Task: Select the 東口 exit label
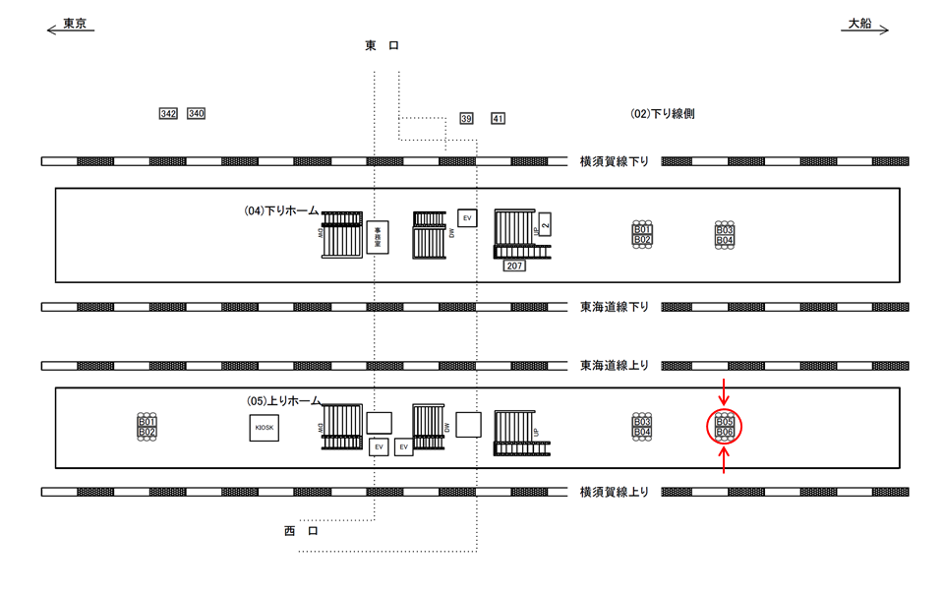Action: [x=382, y=46]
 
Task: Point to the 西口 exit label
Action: [x=301, y=531]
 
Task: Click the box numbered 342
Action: [x=168, y=114]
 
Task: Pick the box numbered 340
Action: [x=196, y=114]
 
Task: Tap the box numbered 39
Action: [x=466, y=119]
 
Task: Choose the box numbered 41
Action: [x=498, y=119]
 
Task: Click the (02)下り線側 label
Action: [x=663, y=114]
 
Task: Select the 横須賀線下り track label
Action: [x=615, y=161]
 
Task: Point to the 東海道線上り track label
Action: [x=615, y=366]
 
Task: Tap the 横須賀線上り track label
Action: [x=615, y=492]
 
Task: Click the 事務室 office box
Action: [x=378, y=237]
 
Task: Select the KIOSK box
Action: [x=264, y=428]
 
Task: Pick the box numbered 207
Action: [x=514, y=266]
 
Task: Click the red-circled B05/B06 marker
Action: [x=725, y=427]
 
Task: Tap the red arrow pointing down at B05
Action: [x=725, y=391]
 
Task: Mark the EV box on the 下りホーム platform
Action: [x=467, y=216]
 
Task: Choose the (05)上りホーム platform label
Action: [x=283, y=401]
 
